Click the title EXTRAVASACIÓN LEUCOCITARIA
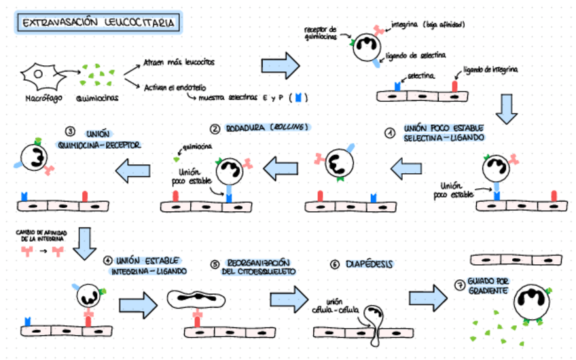(x=99, y=23)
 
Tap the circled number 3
(x=69, y=132)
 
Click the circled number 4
(x=107, y=260)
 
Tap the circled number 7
(x=459, y=285)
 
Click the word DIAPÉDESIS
(x=370, y=264)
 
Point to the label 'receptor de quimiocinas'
(x=321, y=33)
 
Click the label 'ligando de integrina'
(x=492, y=69)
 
